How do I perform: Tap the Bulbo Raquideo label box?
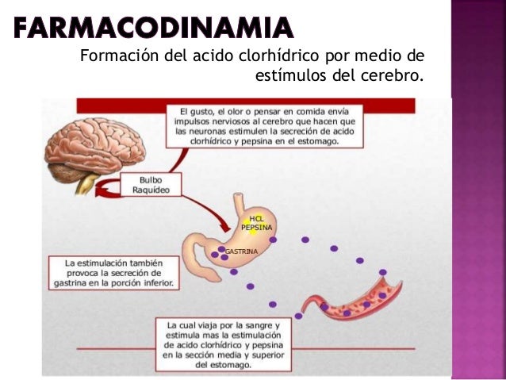[x=154, y=185]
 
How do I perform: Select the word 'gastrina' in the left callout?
[x=69, y=282]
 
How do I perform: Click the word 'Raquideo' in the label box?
[x=154, y=190]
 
